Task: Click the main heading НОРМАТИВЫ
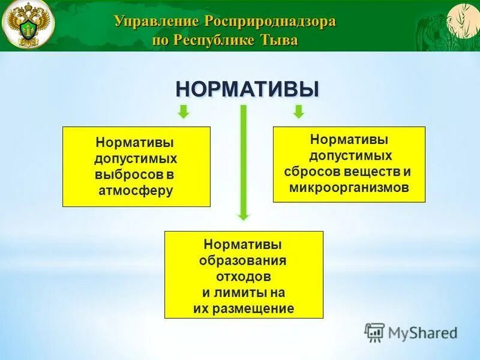coord(247,89)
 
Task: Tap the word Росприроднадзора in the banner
coord(270,22)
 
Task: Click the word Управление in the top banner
coord(157,22)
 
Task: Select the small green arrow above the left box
coord(184,112)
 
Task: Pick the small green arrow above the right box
coord(298,112)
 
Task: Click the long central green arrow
coord(243,162)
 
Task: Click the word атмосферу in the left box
coord(136,191)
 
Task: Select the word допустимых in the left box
coord(136,160)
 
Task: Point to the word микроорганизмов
coord(349,187)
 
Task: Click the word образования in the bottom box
coord(243,261)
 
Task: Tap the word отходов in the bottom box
coord(243,277)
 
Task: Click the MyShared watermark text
coord(422,332)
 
